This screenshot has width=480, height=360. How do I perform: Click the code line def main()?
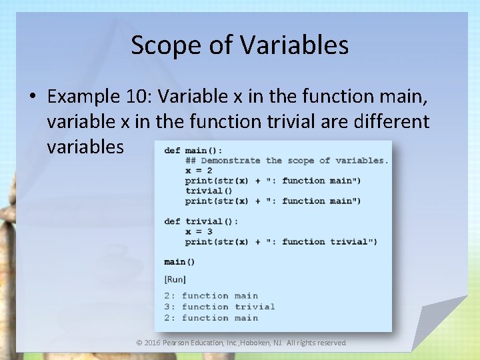coord(193,150)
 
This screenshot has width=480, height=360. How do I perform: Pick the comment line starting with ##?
coord(287,160)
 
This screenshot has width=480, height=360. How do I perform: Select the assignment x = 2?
coord(199,171)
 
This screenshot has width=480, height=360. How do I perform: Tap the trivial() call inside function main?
coord(204,191)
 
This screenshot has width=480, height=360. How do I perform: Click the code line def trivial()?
coord(201,221)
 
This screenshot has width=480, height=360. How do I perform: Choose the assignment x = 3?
coord(199,231)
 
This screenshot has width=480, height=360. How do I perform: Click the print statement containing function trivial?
coord(281,241)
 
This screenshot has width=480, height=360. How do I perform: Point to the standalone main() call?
coord(179,262)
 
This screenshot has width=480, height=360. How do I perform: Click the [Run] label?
coord(175,279)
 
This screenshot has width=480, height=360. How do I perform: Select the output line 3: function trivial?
coord(219,307)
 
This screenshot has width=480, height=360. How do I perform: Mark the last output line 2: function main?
coord(211,318)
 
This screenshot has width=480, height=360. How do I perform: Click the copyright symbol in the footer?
coord(139,343)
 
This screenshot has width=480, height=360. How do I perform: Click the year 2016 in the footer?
coord(152,343)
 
